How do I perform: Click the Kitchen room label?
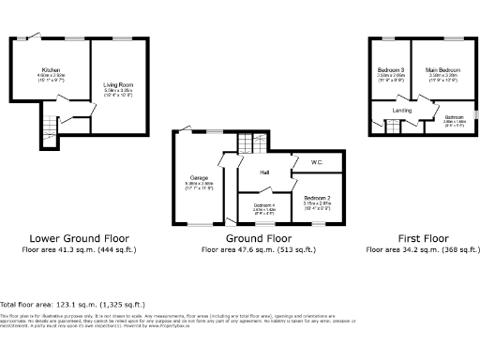point(51,70)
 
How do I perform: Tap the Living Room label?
point(118,85)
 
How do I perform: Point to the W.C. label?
point(317,162)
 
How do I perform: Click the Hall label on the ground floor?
point(265,171)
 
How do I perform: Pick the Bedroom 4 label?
point(264,204)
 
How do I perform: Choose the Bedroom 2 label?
point(316,197)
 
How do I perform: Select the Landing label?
point(402,111)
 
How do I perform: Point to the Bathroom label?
point(453,117)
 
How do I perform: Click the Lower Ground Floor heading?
point(79,239)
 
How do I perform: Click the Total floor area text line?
point(73,305)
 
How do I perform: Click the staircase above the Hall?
point(248,143)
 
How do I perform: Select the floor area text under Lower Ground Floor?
point(79,250)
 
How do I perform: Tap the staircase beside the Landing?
point(383,124)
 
